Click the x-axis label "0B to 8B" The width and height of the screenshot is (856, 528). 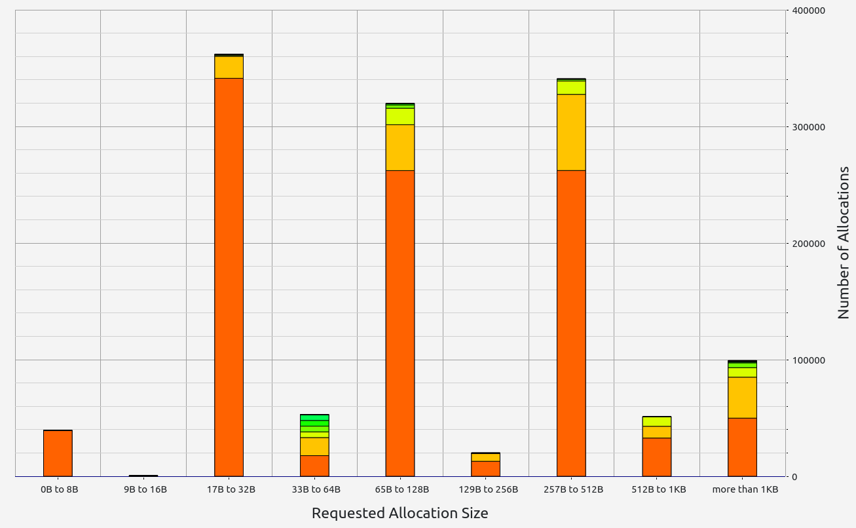(59, 489)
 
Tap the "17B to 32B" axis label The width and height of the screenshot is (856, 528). (231, 489)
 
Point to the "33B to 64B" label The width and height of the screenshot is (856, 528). (316, 489)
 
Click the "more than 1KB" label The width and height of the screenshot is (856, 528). (745, 489)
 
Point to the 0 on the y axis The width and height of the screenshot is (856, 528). (794, 477)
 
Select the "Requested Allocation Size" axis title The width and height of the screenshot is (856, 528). (400, 513)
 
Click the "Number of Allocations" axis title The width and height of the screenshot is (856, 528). (844, 243)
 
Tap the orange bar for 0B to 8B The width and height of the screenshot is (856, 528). (58, 453)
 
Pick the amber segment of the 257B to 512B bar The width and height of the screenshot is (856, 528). (571, 132)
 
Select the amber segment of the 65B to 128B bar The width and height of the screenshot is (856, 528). (400, 147)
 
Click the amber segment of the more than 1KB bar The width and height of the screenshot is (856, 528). (742, 398)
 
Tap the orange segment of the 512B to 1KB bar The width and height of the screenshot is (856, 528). (657, 457)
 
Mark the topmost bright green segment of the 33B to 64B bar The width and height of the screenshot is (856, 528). (314, 417)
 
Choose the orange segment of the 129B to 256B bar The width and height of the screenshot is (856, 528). (485, 468)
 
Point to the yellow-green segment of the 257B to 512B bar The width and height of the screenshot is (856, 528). (571, 87)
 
